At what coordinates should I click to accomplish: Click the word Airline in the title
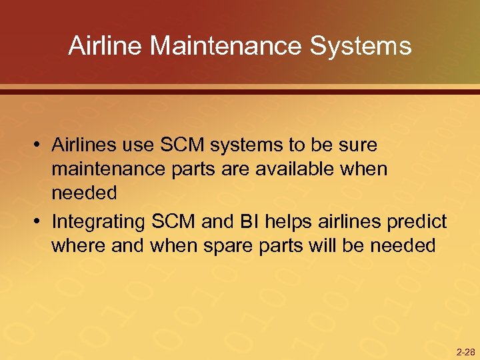[106, 46]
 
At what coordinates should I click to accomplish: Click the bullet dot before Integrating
[41, 221]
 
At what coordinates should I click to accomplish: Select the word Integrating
[99, 221]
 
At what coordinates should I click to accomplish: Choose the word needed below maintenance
[84, 193]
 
